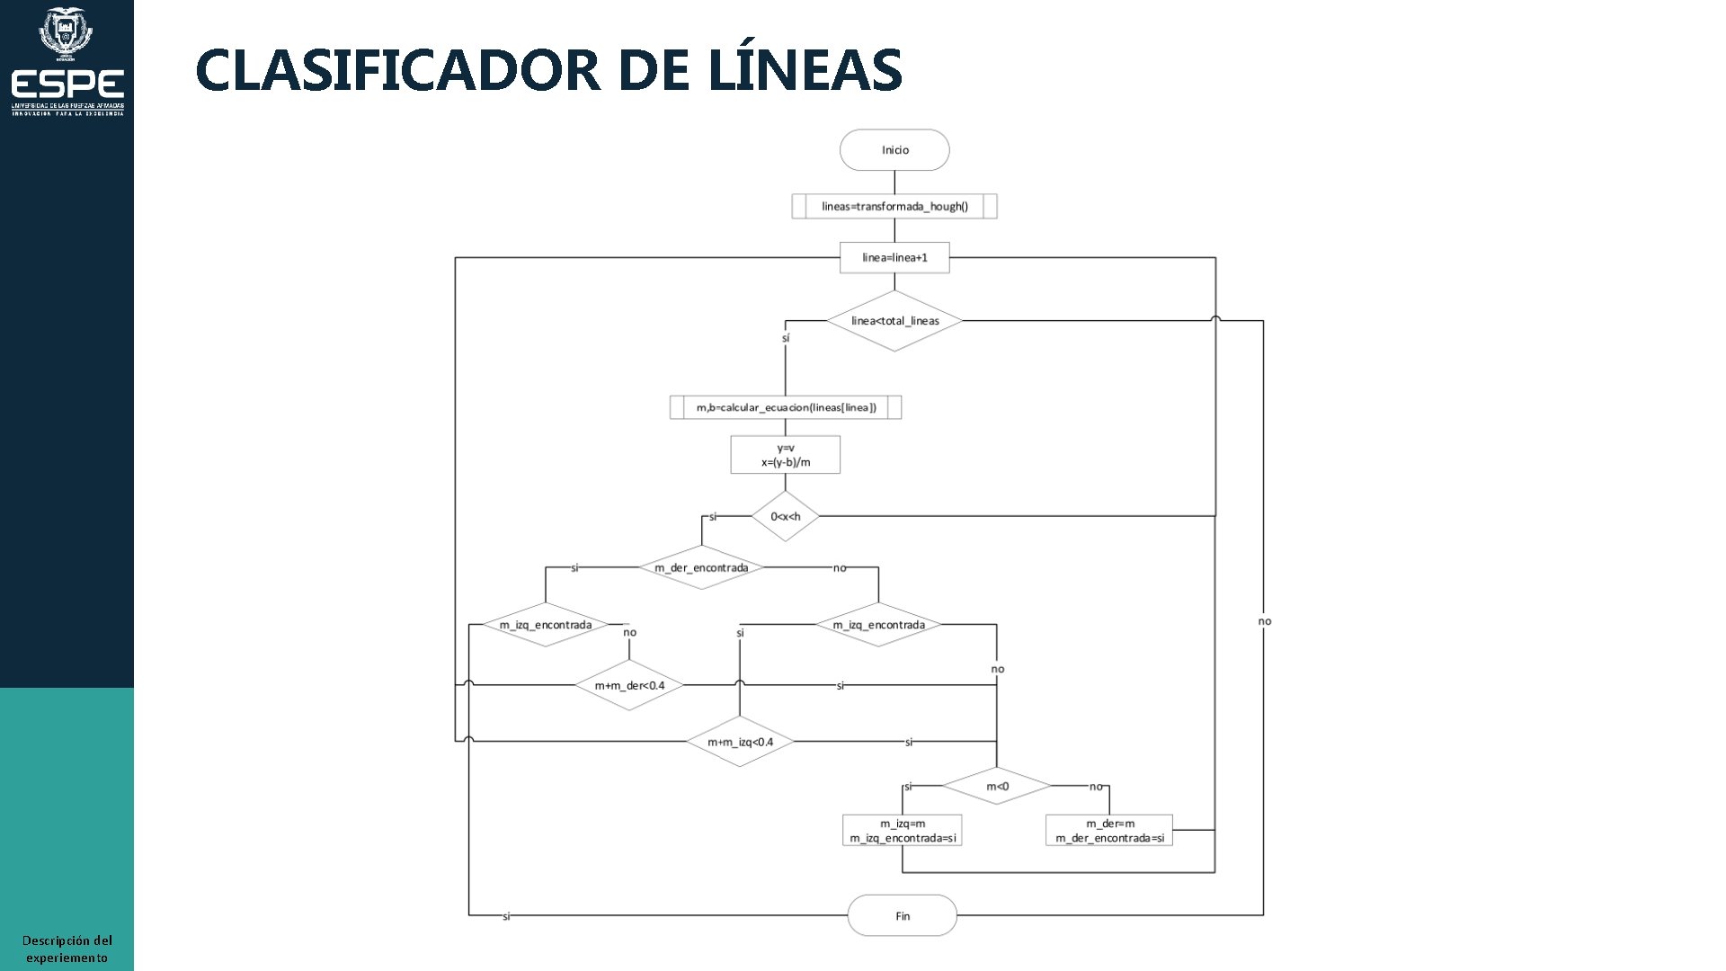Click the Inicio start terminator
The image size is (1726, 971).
click(894, 150)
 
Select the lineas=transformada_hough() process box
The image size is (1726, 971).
click(894, 207)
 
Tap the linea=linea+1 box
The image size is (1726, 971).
click(894, 258)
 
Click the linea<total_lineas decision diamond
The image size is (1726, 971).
click(894, 321)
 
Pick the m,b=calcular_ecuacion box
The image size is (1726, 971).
click(786, 407)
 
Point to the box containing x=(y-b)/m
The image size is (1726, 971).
click(786, 455)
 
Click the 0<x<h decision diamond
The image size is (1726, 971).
click(786, 516)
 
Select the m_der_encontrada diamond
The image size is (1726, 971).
click(701, 567)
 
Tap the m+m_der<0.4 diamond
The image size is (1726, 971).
click(629, 686)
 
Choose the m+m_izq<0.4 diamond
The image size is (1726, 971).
click(740, 742)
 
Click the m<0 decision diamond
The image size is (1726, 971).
click(997, 787)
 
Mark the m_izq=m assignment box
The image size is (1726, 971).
click(903, 831)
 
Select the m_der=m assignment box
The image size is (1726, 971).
click(1109, 831)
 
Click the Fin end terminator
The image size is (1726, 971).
click(903, 916)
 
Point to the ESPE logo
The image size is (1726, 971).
click(67, 63)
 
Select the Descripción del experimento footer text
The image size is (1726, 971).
click(67, 949)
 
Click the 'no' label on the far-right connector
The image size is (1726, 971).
click(1265, 621)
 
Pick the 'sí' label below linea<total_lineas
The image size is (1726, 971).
click(786, 338)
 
